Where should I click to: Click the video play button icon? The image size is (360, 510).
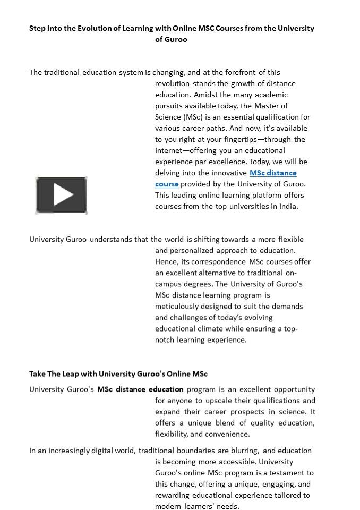pos(62,195)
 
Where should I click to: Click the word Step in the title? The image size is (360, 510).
pos(38,28)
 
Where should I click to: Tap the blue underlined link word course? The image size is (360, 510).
pos(167,184)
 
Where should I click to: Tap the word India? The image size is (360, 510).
pos(288,206)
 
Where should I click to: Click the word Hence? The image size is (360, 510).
pos(167,261)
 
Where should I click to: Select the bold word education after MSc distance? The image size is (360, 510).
pos(166,389)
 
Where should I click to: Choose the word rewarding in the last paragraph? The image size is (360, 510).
pos(173,495)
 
